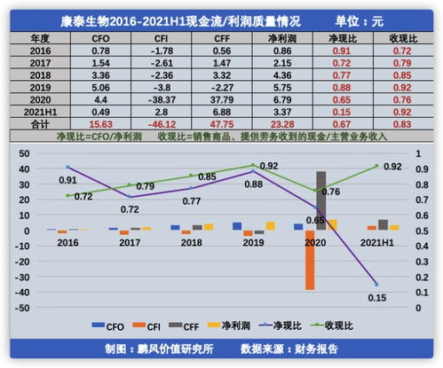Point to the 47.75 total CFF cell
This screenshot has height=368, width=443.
[x=224, y=125]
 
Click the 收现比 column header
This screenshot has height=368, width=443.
[x=405, y=38]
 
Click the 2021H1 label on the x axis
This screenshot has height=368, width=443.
[x=378, y=241]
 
